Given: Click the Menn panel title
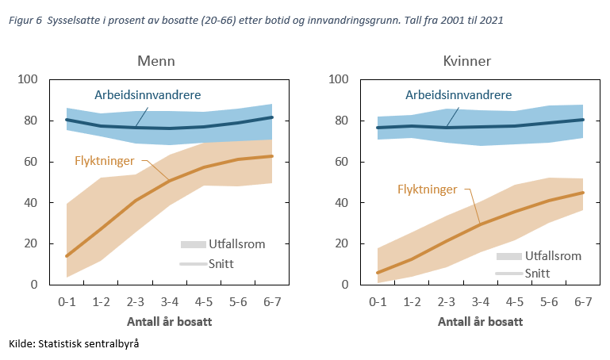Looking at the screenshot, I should [x=155, y=61].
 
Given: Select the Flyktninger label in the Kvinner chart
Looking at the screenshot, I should [x=426, y=190].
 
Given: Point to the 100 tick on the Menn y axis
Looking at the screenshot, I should [x=29, y=79].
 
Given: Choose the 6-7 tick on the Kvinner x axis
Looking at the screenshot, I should [x=583, y=302].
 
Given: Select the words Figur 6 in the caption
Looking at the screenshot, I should [x=23, y=19].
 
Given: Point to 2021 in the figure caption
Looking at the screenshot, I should [x=489, y=19].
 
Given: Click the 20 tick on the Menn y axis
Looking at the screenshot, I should [x=32, y=243].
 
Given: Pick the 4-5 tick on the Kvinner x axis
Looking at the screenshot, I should [x=514, y=302].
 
